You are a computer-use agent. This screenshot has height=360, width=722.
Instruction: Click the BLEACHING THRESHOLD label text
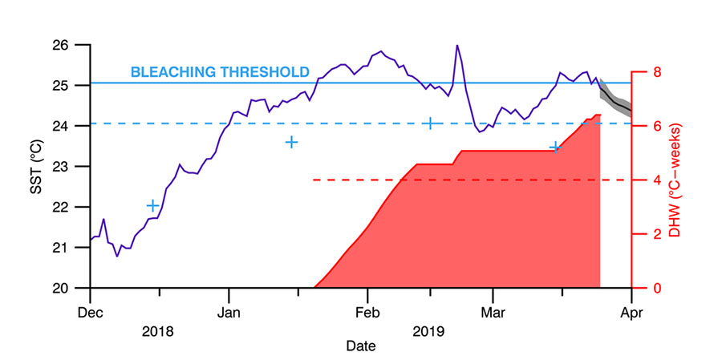click(219, 72)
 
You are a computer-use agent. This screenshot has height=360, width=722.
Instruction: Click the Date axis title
click(360, 346)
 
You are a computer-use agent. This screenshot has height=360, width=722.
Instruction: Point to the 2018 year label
click(159, 330)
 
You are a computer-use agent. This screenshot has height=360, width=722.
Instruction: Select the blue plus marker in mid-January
click(292, 142)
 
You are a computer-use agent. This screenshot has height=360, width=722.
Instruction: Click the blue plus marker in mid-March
click(554, 147)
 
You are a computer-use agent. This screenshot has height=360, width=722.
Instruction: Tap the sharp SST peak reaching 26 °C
click(457, 46)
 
